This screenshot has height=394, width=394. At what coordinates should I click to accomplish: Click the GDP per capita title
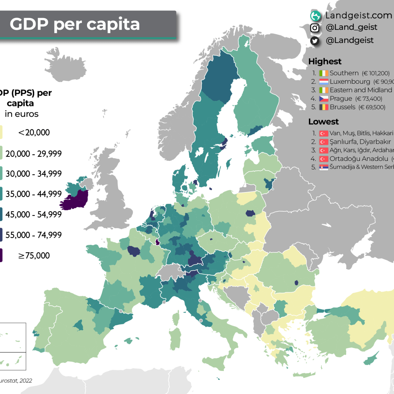tap(75, 24)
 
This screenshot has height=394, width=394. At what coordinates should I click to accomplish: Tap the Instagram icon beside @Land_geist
tap(315, 28)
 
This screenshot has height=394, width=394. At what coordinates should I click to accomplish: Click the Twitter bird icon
tap(315, 41)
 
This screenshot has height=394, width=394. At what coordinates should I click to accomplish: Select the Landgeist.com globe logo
tap(316, 15)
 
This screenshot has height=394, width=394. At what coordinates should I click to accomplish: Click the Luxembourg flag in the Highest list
tap(324, 82)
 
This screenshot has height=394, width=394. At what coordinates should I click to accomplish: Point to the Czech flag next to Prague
tap(324, 99)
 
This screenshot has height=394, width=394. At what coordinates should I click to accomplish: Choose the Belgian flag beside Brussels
tap(324, 107)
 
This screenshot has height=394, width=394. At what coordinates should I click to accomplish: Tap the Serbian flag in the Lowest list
tap(324, 167)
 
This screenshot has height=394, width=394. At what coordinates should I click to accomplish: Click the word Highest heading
tap(325, 61)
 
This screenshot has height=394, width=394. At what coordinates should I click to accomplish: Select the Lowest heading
tap(323, 121)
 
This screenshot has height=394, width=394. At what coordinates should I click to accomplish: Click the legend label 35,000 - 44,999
tap(33, 194)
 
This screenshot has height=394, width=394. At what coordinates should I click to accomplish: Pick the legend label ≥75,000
tap(34, 256)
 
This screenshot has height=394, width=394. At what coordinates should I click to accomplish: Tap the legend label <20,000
tap(34, 133)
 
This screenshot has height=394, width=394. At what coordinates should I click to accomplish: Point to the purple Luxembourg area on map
tap(158, 242)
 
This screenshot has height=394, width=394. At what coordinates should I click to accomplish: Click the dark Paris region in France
tap(134, 251)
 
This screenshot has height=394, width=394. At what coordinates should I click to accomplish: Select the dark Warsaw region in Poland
tap(250, 213)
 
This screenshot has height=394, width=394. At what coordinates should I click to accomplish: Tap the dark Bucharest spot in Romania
tap(296, 282)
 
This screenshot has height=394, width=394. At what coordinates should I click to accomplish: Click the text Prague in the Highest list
tap(341, 98)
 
